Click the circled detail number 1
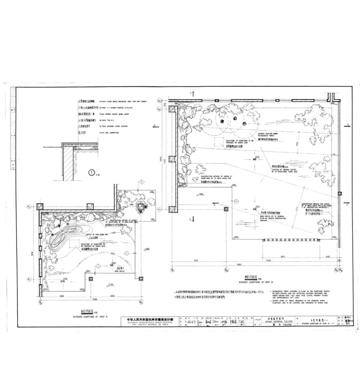[92, 172]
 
